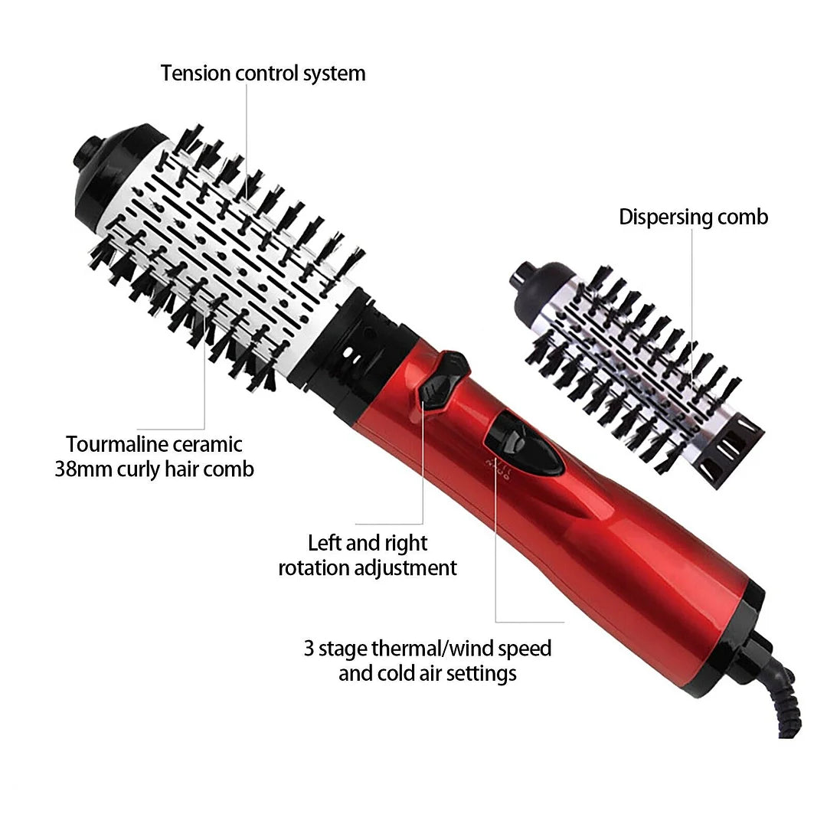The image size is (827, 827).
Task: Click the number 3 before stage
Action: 309,649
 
